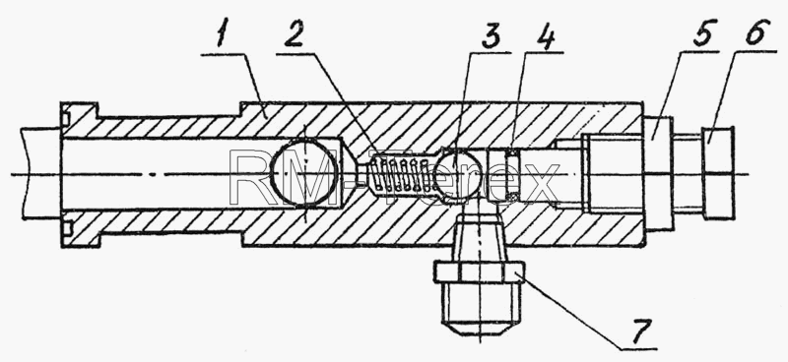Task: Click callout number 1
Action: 223,33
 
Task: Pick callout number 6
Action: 757,31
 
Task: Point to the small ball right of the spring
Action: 453,174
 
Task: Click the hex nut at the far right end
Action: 718,173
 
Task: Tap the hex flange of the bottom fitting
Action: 480,272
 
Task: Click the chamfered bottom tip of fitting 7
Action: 480,330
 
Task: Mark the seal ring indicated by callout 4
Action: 513,174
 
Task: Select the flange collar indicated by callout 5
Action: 658,174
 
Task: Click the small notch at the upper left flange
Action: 65,118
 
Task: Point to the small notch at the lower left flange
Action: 65,228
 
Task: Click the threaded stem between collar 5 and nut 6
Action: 688,173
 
